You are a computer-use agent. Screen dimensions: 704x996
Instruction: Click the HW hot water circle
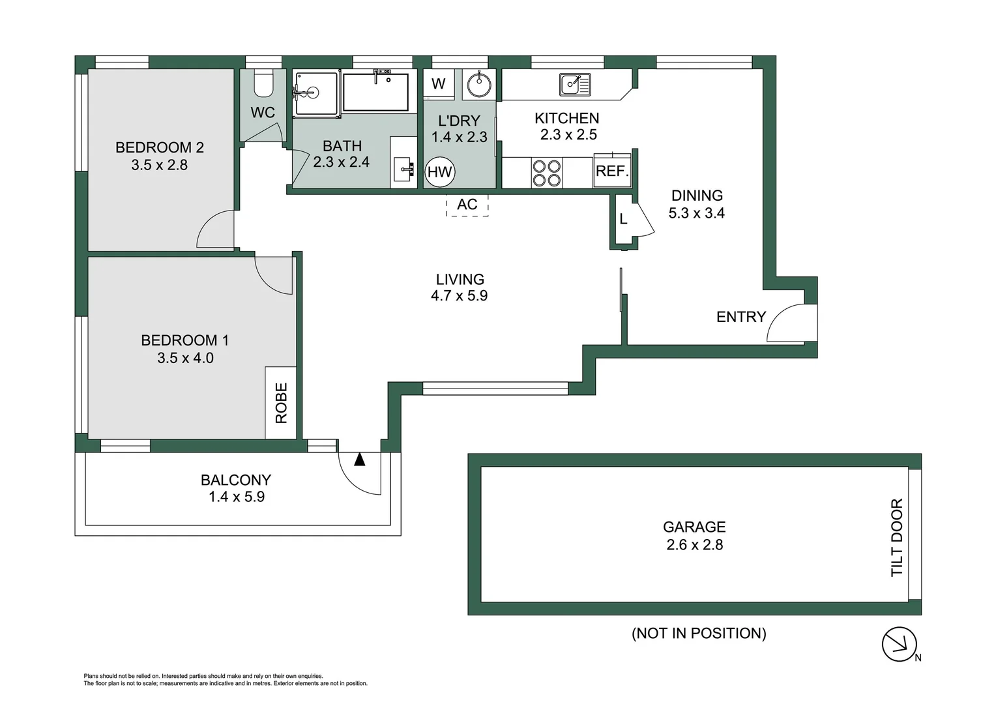[440, 172]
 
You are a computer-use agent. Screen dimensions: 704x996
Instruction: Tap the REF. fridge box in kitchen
[612, 171]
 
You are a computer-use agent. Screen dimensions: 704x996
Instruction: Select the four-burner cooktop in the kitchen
[546, 173]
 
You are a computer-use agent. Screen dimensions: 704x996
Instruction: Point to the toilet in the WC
[263, 83]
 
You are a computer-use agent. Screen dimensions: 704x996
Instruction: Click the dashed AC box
[467, 205]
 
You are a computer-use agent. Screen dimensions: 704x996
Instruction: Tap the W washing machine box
[439, 83]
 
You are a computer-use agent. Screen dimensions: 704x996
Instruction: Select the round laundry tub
[480, 84]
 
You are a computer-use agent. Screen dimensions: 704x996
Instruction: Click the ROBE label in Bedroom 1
[281, 403]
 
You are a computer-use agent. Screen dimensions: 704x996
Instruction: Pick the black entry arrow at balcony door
[359, 460]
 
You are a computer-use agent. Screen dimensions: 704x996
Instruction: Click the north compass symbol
[900, 644]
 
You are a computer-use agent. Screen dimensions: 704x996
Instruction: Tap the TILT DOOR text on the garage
[897, 537]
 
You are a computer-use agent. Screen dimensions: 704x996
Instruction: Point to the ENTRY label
[740, 317]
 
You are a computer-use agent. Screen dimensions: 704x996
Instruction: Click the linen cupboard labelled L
[623, 220]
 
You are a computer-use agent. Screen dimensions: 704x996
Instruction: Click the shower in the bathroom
[315, 94]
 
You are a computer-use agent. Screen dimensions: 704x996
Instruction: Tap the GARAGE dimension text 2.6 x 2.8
[694, 545]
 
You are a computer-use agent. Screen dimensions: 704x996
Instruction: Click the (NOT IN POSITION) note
[699, 633]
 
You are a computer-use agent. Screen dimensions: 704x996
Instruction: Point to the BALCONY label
[235, 480]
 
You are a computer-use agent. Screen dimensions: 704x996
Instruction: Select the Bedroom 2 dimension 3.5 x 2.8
[159, 165]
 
